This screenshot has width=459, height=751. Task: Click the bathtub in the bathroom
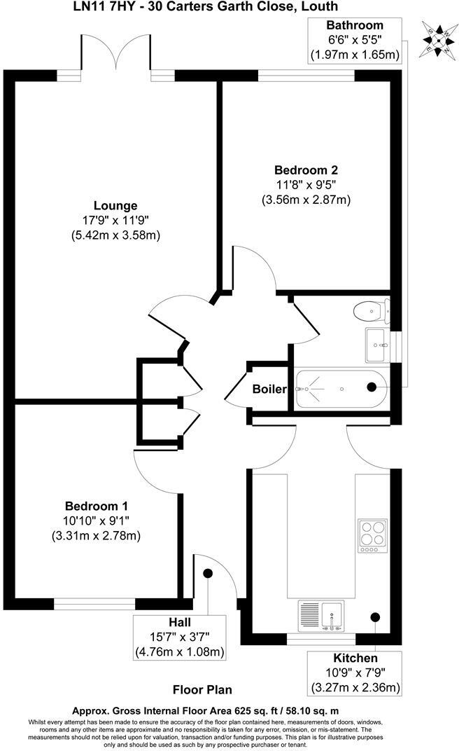click(x=339, y=387)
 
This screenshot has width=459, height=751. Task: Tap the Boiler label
click(x=269, y=388)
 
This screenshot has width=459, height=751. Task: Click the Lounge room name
click(x=115, y=205)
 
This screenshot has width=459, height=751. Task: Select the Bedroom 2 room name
click(x=306, y=170)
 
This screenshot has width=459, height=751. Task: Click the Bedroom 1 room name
click(x=97, y=506)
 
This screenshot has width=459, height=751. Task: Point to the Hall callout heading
click(x=179, y=621)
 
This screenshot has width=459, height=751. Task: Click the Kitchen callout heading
click(x=355, y=658)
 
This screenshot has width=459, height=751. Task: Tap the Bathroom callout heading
click(x=355, y=25)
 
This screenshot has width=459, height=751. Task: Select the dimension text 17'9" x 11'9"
click(x=115, y=220)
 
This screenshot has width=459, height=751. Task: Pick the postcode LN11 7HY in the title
click(x=105, y=6)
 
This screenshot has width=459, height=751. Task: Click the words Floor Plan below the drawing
click(x=202, y=689)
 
